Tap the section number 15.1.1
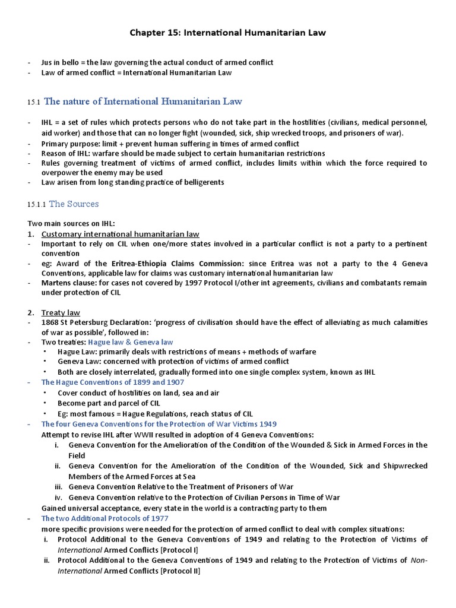pos(36,204)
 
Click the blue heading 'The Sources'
pos(74,204)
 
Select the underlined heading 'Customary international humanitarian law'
pos(120,234)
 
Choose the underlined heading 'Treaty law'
pos(61,312)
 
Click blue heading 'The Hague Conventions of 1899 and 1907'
pos(114,382)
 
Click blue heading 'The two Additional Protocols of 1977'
pos(104,518)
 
